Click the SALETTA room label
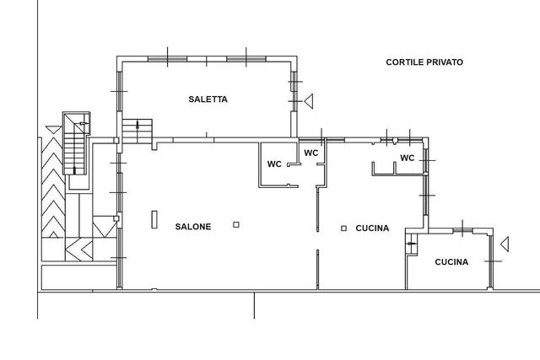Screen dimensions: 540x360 click(x=208, y=99)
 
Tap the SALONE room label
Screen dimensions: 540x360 click(x=193, y=227)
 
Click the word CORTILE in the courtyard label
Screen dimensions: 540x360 click(x=405, y=62)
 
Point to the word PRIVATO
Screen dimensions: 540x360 click(x=445, y=62)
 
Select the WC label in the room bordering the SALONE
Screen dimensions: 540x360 click(x=274, y=164)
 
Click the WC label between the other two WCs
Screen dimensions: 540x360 click(x=311, y=153)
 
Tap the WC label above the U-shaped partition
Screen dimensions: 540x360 click(x=407, y=158)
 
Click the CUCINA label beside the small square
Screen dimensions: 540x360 click(x=372, y=228)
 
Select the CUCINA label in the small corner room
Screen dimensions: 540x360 click(x=451, y=262)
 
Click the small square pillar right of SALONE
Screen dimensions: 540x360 click(x=236, y=225)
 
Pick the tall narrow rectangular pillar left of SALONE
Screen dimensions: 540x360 click(x=154, y=219)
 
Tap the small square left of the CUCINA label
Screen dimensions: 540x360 click(x=343, y=228)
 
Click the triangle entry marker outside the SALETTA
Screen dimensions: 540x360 click(x=309, y=101)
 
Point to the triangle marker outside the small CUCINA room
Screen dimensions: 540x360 click(x=505, y=244)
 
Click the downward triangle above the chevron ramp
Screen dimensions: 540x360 click(x=54, y=130)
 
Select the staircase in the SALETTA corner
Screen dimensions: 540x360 click(x=138, y=132)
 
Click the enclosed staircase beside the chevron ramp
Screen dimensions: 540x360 click(x=76, y=143)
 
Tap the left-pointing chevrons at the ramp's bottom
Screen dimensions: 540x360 click(x=79, y=250)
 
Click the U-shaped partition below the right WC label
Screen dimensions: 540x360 click(x=384, y=169)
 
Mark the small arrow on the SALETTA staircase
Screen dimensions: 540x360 click(x=138, y=125)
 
